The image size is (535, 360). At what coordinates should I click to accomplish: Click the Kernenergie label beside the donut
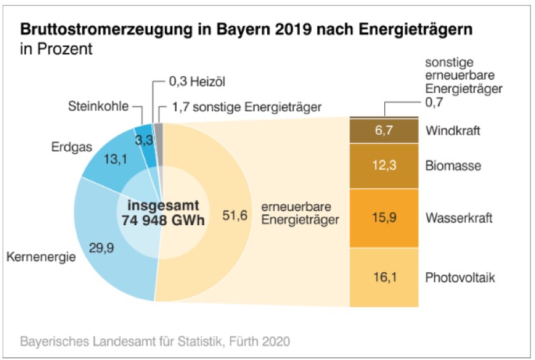click(41, 258)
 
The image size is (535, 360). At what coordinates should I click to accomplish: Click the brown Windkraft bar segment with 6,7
click(384, 132)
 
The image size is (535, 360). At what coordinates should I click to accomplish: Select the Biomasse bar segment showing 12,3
click(384, 166)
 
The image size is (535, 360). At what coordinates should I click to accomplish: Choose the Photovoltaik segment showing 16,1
click(384, 277)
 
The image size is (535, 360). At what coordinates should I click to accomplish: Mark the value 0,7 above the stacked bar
click(433, 101)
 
